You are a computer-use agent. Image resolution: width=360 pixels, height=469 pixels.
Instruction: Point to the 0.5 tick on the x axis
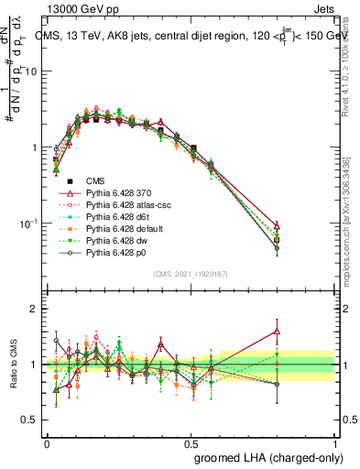coord(191,442)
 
